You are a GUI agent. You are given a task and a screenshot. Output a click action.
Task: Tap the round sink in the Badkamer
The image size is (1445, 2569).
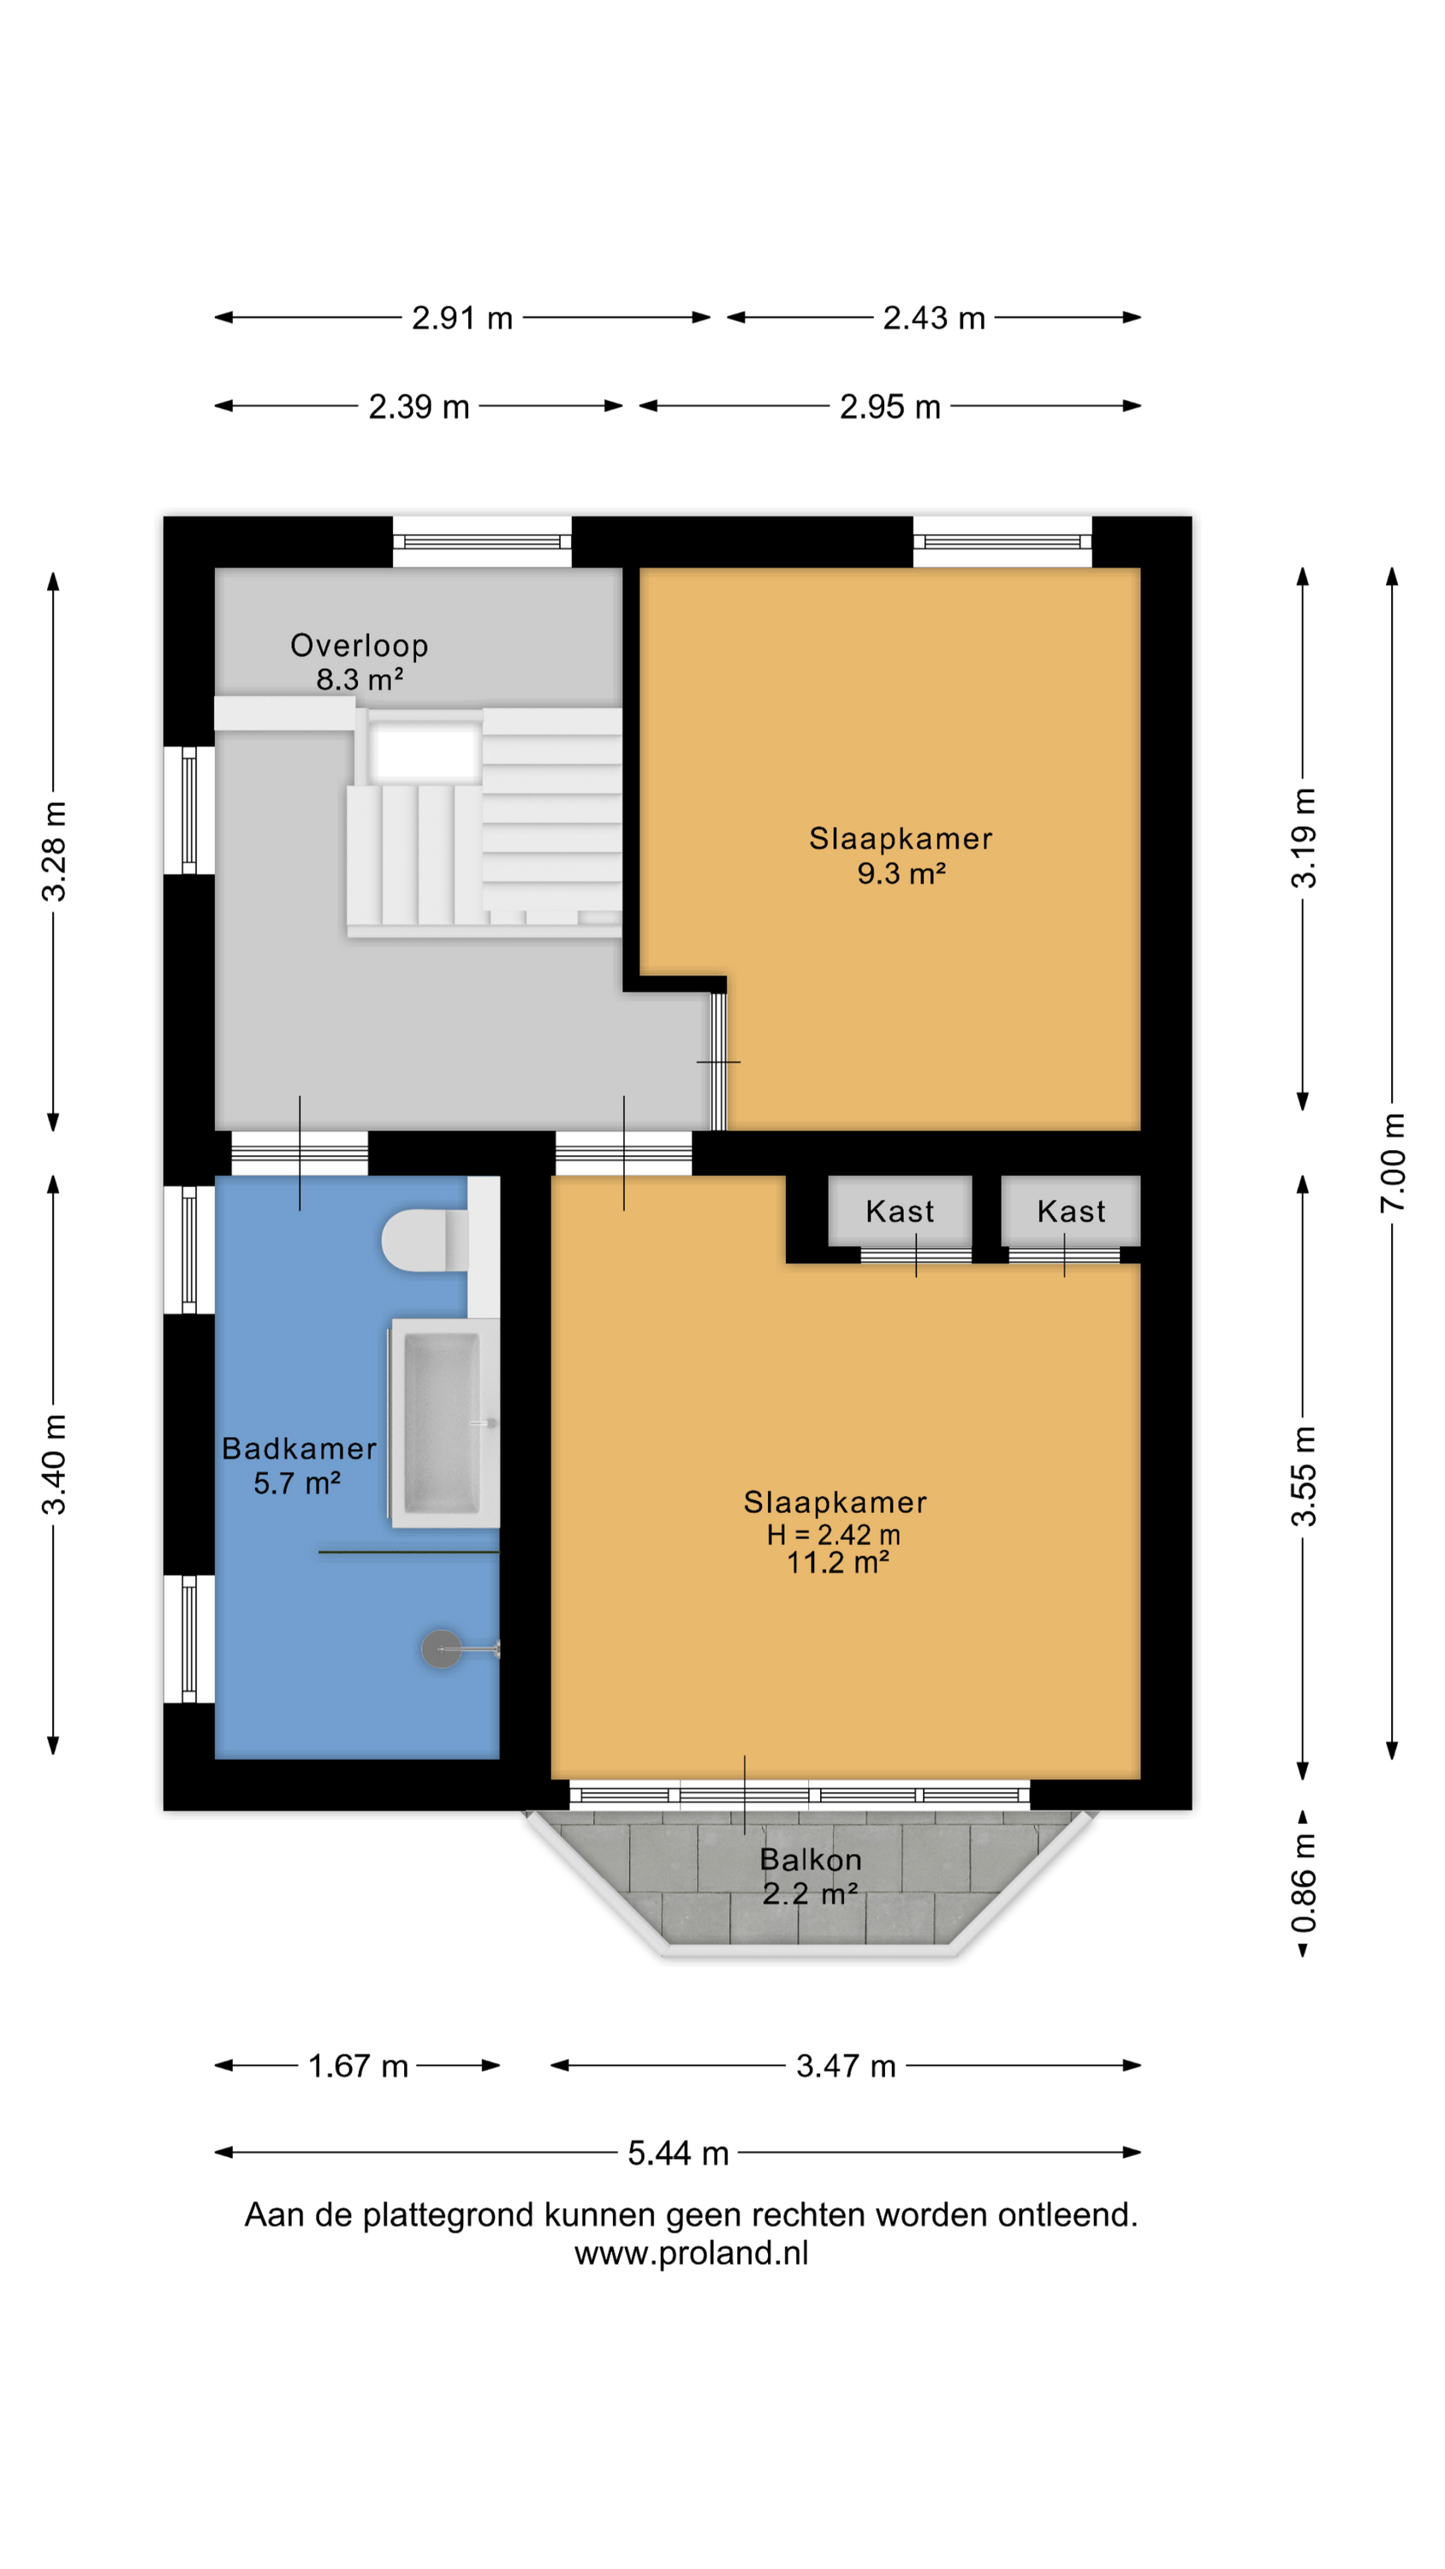point(442,1649)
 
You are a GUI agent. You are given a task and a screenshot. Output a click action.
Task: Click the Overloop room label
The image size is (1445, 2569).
point(359,645)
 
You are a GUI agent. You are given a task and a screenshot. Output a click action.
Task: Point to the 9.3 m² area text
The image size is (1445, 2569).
point(901,873)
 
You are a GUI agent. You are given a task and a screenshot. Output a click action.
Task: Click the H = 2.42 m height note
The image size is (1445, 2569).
point(834,1535)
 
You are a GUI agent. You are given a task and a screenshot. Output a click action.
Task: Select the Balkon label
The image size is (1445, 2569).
point(811,1860)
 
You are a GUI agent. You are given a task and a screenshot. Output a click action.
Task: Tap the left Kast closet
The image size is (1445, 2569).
point(900,1211)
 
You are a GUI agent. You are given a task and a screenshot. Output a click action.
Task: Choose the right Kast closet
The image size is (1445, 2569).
point(1071,1211)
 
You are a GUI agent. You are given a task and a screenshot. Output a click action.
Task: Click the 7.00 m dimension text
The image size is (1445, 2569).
point(1393,1163)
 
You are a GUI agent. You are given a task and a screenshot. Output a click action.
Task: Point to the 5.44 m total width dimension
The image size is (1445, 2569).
point(678,2153)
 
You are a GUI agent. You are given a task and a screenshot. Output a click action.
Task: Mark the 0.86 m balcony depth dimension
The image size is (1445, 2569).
point(1304,1883)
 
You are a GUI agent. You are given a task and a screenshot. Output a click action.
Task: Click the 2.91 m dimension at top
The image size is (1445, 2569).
point(463,319)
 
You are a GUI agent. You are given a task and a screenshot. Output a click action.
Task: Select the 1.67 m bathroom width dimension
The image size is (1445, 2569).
point(358,2065)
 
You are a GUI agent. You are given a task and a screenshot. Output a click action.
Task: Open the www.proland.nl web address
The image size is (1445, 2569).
point(691,2253)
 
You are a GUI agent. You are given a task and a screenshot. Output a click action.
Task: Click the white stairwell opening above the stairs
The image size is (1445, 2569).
point(425,752)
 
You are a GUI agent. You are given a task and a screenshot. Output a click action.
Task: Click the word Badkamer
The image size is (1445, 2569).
point(299,1449)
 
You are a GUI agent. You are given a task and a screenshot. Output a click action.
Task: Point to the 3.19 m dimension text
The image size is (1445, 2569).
point(1304,837)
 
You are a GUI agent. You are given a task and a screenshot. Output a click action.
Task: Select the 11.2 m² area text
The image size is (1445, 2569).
point(838,1563)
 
